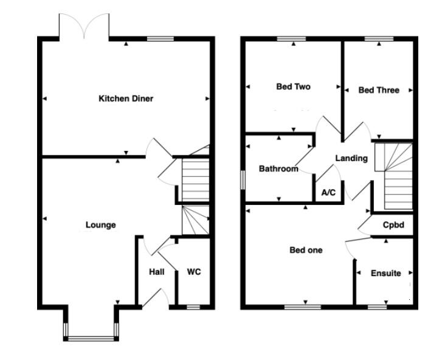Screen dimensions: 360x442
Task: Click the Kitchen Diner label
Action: tap(126, 99)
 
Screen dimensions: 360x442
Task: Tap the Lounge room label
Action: tap(100, 225)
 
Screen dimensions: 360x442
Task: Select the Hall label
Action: tap(157, 272)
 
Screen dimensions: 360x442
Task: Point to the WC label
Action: tap(193, 272)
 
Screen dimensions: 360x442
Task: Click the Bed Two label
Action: tap(293, 87)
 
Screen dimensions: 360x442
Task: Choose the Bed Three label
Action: tap(379, 90)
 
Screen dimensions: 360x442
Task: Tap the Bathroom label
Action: tap(278, 168)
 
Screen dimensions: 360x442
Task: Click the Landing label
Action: tap(351, 158)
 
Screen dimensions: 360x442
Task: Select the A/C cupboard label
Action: tap(328, 193)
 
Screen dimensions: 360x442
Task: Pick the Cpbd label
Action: tap(393, 224)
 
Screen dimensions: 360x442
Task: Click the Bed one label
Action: tap(306, 250)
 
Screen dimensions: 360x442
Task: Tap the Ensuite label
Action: tap(386, 273)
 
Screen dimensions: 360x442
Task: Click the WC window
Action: tap(193, 307)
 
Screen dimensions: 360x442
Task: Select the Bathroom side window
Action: tap(243, 181)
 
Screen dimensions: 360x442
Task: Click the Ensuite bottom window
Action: tap(378, 307)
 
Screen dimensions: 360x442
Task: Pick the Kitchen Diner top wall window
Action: tap(161, 39)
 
